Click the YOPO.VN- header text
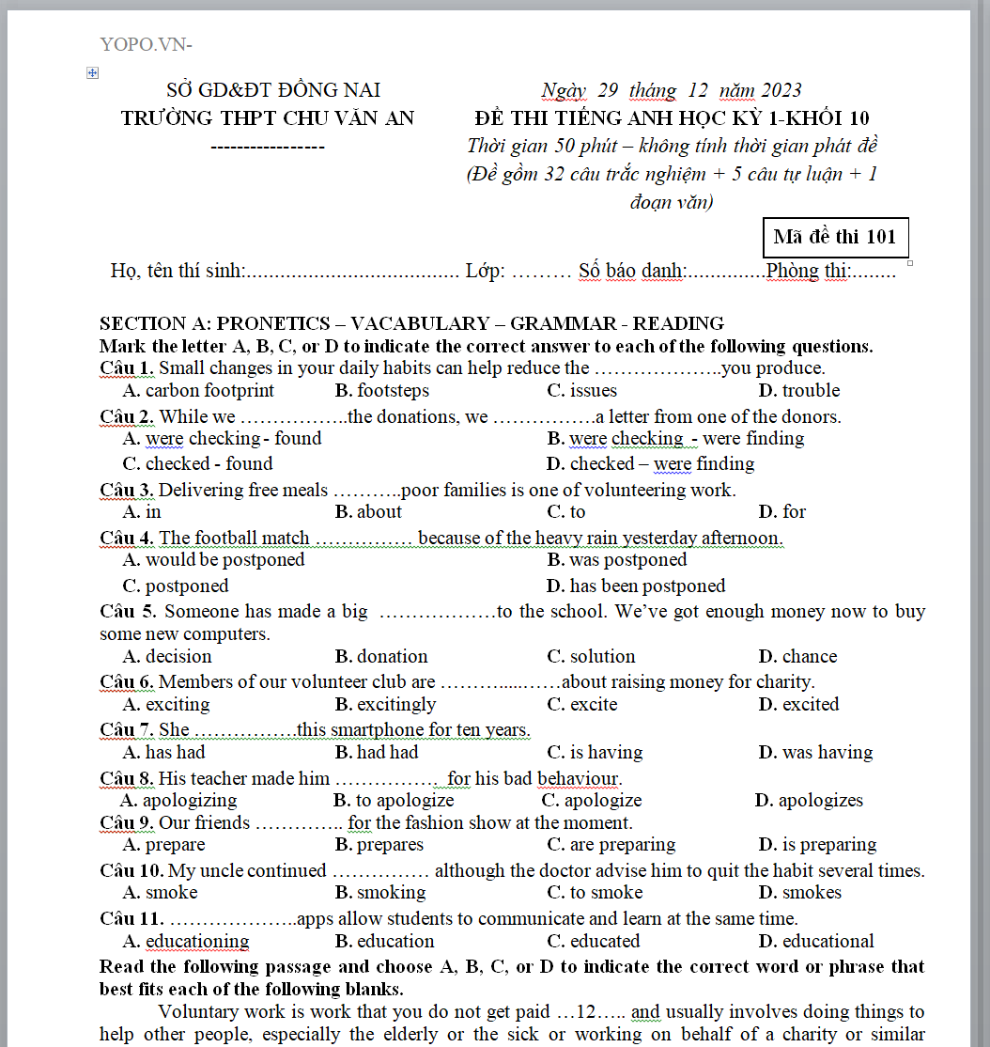146,44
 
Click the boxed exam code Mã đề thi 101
834,237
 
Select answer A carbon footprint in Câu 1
198,391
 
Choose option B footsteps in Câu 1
381,391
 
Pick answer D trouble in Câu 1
798,391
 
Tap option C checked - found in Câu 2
197,464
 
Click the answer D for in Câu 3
781,512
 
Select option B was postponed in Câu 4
616,560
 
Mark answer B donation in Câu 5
380,657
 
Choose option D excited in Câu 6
798,705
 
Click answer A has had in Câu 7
163,753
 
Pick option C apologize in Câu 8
592,801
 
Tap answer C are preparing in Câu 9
611,845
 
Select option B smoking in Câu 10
379,893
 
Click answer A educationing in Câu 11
186,942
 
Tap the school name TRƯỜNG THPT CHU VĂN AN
268,118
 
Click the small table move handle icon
92,72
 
